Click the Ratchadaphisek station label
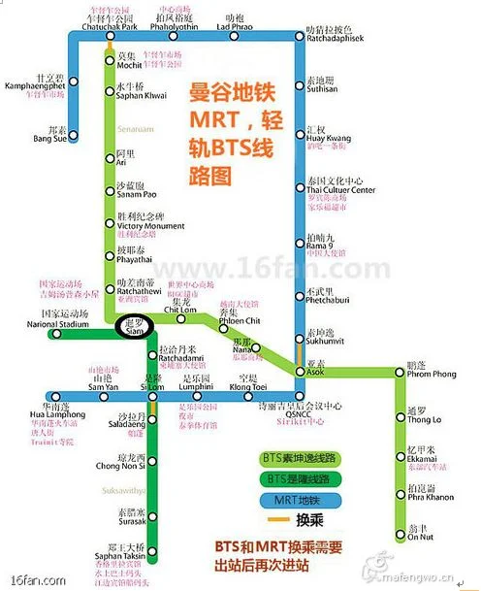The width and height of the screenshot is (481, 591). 333,40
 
